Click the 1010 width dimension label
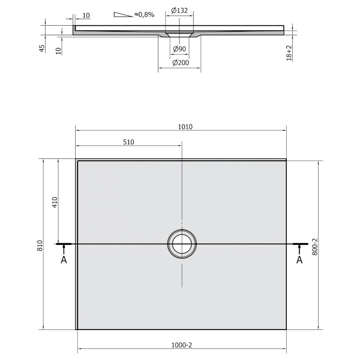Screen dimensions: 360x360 point(185,127)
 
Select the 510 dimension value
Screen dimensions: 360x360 point(128,142)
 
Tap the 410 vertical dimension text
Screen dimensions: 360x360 point(55,202)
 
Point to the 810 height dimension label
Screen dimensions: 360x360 point(40,246)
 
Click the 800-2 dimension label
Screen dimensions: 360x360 point(315,246)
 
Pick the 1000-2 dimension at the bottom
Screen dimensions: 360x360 point(181,345)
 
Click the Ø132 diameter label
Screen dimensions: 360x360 point(179,10)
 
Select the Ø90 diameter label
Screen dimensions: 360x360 point(179,49)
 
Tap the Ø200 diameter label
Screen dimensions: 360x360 point(180,63)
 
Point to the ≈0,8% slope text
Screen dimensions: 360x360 point(144,15)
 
